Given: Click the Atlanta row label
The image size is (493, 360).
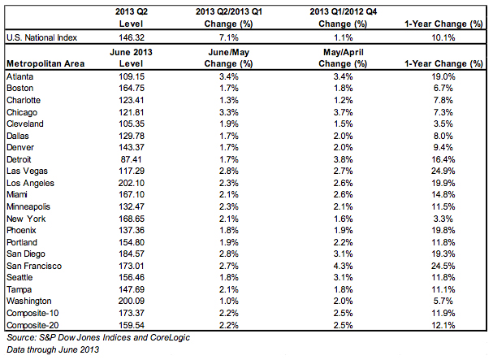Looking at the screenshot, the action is (19, 76).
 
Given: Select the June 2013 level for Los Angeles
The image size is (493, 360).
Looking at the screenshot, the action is (132, 183).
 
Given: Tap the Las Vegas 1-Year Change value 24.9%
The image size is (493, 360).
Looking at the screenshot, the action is (443, 171).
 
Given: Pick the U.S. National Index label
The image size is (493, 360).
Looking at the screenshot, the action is (41, 37).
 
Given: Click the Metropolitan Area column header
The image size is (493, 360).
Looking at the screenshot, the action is (45, 63).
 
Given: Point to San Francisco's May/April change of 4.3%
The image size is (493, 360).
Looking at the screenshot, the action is (343, 266).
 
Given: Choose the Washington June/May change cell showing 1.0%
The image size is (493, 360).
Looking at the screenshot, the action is (229, 301).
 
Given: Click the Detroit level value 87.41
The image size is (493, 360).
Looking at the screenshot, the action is (131, 159).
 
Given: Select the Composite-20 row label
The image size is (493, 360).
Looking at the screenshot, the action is (32, 325).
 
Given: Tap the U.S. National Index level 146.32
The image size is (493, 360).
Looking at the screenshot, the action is (132, 37).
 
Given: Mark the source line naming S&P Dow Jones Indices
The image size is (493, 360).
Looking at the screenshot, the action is (98, 337).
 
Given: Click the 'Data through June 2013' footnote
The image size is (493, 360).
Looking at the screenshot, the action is (53, 349).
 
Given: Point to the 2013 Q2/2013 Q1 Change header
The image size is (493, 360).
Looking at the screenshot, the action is (229, 18).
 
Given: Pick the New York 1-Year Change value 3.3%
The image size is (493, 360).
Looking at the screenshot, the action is (443, 219).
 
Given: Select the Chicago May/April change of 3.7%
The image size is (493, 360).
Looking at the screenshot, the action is (343, 112).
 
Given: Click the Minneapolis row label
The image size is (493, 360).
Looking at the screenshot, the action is (28, 206).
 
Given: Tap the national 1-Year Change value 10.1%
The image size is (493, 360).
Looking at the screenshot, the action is (443, 37).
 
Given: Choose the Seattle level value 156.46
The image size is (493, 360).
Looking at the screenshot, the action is (132, 277).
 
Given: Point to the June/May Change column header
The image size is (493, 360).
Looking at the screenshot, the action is (228, 58).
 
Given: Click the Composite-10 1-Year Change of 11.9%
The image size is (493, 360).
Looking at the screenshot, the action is (443, 313).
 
